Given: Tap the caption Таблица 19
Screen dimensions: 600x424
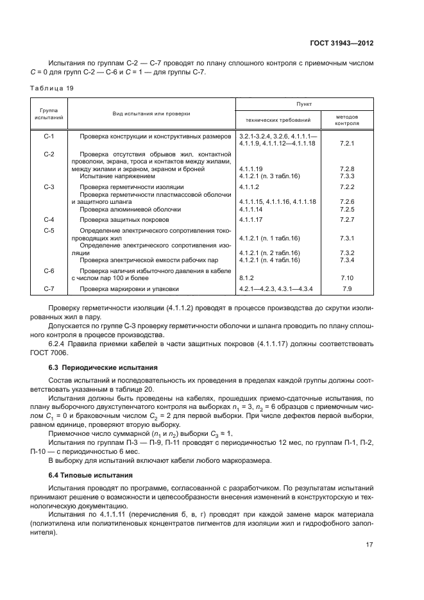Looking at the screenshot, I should tap(51, 88).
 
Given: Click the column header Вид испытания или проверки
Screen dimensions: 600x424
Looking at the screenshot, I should tap(151, 113).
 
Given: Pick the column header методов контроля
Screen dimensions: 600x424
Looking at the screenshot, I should tap(347, 120).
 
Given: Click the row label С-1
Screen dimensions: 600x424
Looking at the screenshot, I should tap(49, 137).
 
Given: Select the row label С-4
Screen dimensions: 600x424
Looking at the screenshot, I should tap(49, 220).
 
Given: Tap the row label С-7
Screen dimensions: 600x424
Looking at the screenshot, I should tap(49, 289).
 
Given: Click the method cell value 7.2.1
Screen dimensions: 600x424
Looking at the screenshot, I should tap(347, 144).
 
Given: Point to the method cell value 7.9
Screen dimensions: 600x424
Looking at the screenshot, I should tap(347, 289).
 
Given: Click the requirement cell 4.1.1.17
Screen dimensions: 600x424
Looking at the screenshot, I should tap(253, 220).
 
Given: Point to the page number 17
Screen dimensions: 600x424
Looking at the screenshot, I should tap(369, 545).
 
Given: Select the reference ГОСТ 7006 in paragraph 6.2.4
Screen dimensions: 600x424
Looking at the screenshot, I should tap(48, 353).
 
